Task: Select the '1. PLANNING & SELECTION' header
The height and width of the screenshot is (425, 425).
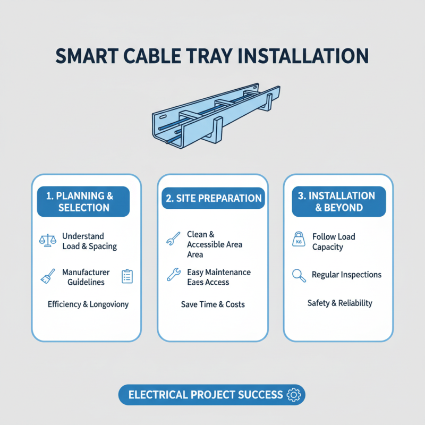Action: coord(83,202)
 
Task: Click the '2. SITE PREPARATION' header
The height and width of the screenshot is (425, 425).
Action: coord(212,198)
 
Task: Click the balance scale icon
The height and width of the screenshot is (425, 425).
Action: coord(48,241)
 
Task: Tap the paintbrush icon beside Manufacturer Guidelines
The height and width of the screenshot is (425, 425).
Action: coord(48,276)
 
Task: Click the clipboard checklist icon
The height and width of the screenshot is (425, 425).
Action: coord(127,276)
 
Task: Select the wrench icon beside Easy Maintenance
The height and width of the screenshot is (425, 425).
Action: coord(173,275)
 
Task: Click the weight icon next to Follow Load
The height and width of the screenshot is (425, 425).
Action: coord(299,241)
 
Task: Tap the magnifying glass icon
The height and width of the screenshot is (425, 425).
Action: coord(299,275)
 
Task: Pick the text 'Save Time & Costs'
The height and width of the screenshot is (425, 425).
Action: coord(213,304)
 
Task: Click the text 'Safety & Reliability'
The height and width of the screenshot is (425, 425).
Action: coord(340,303)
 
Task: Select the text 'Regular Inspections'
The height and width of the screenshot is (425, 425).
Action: coord(346,275)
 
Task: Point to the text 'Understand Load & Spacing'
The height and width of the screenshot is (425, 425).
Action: coord(89,241)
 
